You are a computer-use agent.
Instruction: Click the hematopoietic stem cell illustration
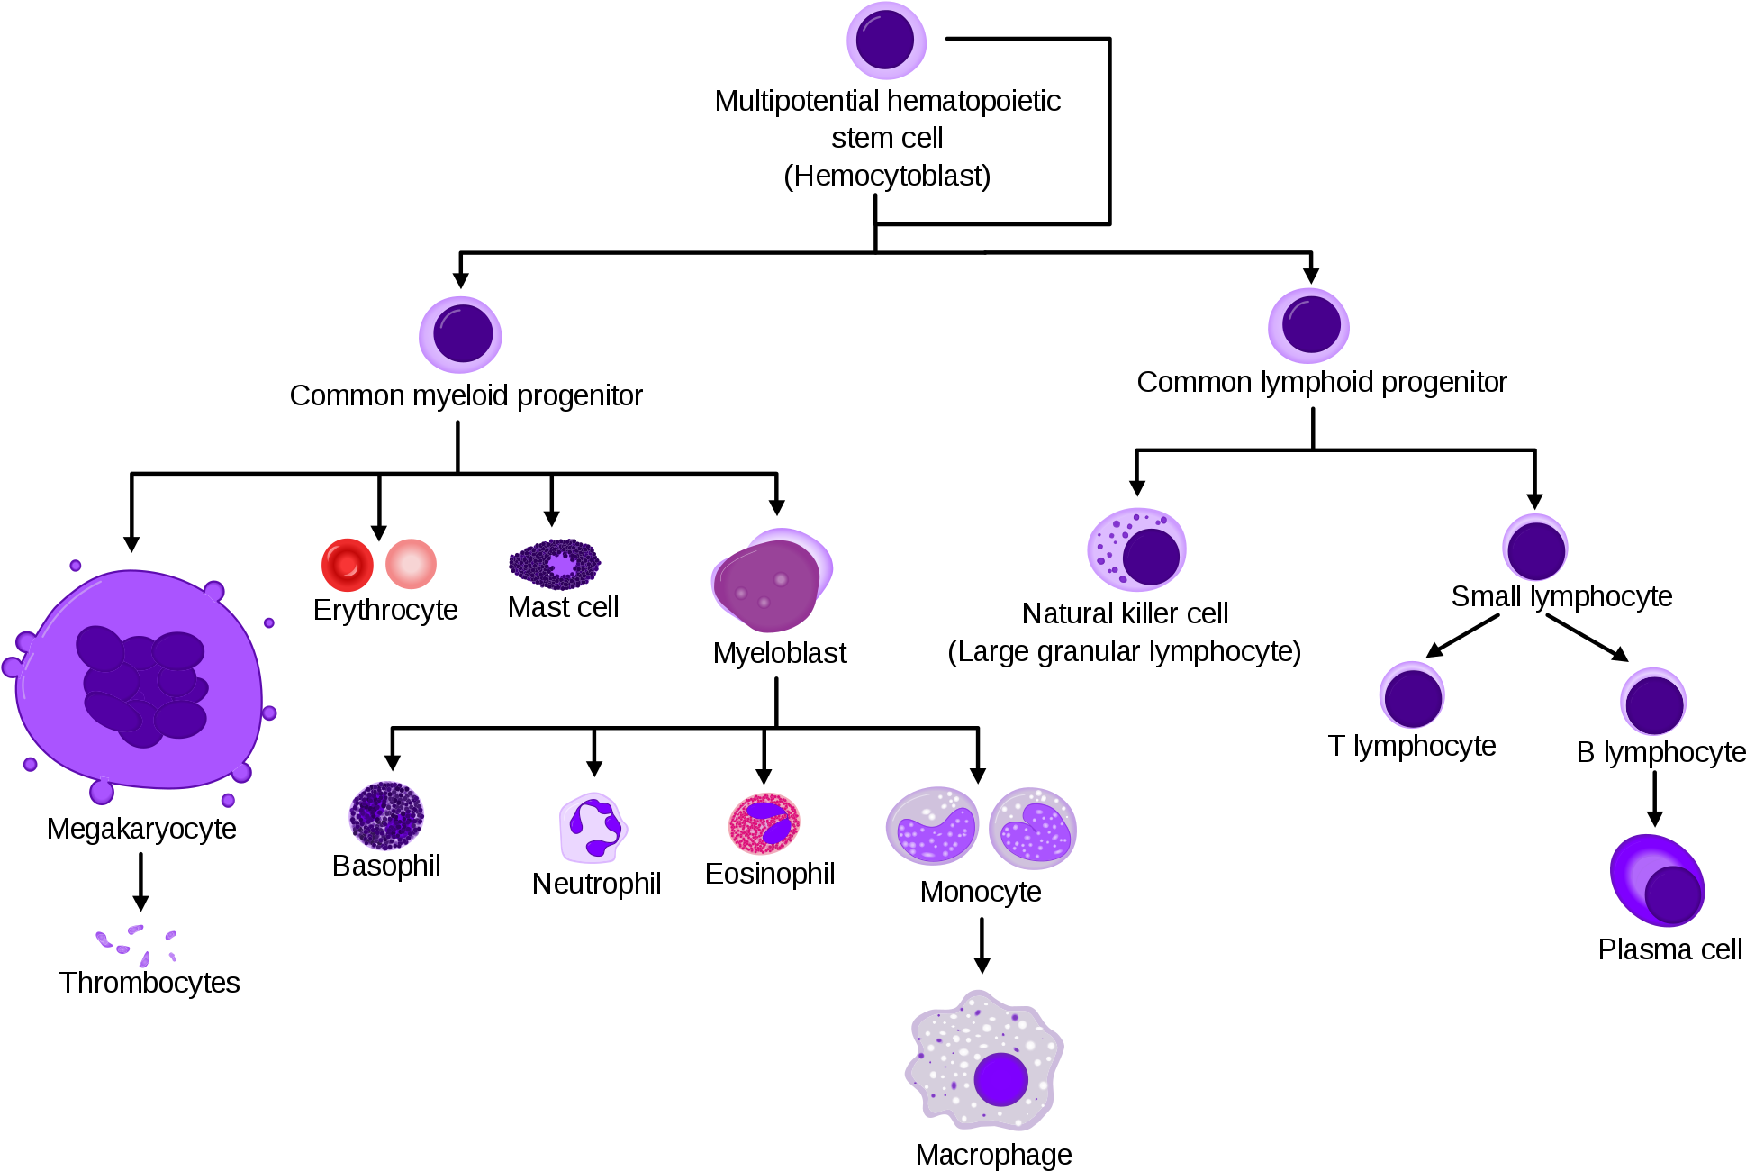point(886,41)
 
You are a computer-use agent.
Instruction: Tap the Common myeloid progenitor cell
point(460,334)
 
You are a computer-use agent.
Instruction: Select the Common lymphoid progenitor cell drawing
point(1308,325)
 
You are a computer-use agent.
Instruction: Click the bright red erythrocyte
point(348,565)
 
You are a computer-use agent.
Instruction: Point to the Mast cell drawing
point(555,565)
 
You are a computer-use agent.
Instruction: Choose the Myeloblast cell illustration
point(772,580)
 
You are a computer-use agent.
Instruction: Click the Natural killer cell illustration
point(1136,549)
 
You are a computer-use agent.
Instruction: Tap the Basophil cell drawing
point(386,815)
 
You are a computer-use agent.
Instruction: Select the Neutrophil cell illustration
point(593,828)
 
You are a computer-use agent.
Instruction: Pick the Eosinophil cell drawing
point(764,823)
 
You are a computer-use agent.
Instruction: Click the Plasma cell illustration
point(1657,880)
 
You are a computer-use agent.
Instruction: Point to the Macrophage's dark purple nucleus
point(1000,1078)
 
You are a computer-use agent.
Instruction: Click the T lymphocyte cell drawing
point(1412,694)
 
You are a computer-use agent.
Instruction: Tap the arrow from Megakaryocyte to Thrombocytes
point(140,882)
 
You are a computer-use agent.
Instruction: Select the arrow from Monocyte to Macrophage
point(982,946)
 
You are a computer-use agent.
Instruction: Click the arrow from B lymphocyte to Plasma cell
point(1654,799)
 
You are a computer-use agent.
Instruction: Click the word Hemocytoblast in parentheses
point(887,176)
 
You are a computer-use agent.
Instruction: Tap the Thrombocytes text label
point(149,982)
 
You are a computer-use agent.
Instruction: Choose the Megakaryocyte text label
point(141,829)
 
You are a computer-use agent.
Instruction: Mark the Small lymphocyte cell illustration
point(1535,548)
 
